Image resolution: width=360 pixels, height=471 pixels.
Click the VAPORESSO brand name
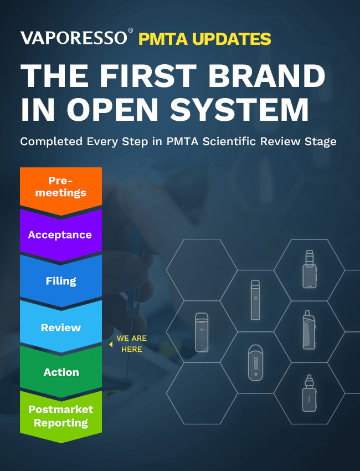click(74, 38)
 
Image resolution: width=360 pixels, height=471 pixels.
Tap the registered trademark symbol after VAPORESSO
click(131, 30)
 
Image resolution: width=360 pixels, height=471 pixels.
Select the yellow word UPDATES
click(232, 39)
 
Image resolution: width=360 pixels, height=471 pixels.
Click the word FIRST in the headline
click(148, 75)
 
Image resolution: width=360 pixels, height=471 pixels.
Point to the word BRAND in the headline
click(267, 75)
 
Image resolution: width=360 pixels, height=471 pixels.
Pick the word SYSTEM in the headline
click(239, 109)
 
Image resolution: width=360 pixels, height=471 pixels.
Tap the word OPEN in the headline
click(112, 109)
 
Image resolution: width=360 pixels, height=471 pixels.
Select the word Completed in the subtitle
click(52, 141)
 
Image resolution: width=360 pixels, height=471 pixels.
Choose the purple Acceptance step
click(61, 234)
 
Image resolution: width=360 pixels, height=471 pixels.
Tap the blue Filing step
click(61, 280)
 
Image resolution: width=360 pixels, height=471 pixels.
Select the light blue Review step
click(61, 326)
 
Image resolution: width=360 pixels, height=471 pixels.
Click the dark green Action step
click(61, 372)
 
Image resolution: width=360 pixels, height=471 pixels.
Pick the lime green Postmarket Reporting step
click(61, 416)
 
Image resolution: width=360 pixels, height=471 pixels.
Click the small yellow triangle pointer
click(111, 345)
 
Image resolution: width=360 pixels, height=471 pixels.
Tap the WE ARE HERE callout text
click(131, 344)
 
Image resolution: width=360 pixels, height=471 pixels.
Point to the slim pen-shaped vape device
click(255, 300)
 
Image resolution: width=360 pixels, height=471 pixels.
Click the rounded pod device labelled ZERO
click(255, 362)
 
